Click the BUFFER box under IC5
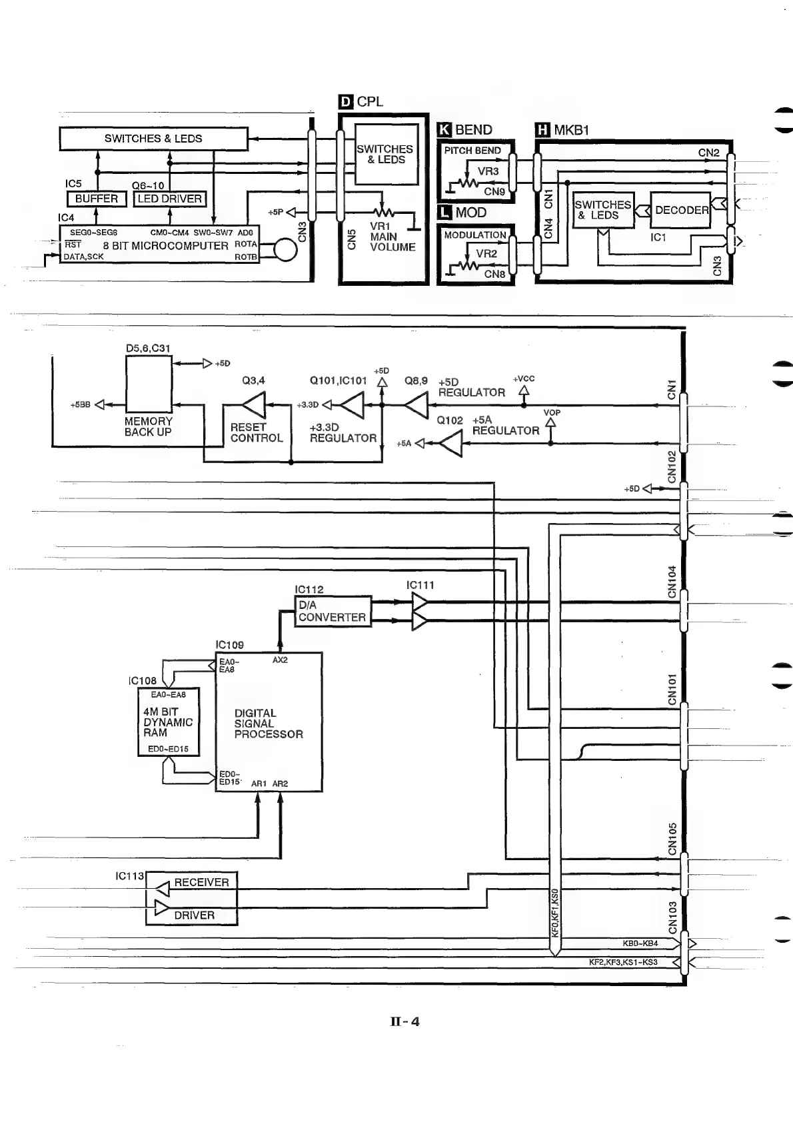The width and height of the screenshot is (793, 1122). pyautogui.click(x=97, y=199)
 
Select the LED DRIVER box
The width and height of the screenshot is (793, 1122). pyautogui.click(x=169, y=199)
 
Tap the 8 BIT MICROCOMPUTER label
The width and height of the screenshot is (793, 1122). pyautogui.click(x=165, y=245)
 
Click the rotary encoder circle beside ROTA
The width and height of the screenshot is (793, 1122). pyautogui.click(x=285, y=251)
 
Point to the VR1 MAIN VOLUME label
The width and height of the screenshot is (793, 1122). pyautogui.click(x=392, y=237)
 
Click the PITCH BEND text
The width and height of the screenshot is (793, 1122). pyautogui.click(x=472, y=151)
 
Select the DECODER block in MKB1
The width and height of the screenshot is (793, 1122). pyautogui.click(x=680, y=210)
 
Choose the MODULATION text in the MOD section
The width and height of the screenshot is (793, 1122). pyautogui.click(x=475, y=235)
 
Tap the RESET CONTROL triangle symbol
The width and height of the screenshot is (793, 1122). pyautogui.click(x=254, y=404)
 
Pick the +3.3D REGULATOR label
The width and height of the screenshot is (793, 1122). pyautogui.click(x=343, y=432)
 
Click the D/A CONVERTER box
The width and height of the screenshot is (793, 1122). pyautogui.click(x=333, y=611)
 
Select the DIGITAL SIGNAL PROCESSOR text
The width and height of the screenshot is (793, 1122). pyautogui.click(x=269, y=724)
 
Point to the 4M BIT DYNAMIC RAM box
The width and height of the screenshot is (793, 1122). pyautogui.click(x=168, y=722)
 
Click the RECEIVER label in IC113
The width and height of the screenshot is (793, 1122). pyautogui.click(x=201, y=882)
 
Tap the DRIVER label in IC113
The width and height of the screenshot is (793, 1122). pyautogui.click(x=194, y=915)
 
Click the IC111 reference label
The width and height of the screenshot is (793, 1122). pyautogui.click(x=420, y=585)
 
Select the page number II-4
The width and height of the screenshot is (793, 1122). pyautogui.click(x=405, y=1021)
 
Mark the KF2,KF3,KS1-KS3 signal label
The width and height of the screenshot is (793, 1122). pyautogui.click(x=623, y=962)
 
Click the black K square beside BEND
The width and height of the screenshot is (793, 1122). pyautogui.click(x=444, y=130)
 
